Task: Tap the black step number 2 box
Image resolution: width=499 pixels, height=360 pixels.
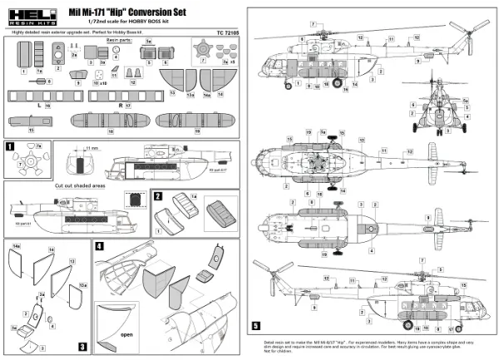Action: tap(156, 195)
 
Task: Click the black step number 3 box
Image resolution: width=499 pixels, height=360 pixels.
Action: tap(82, 345)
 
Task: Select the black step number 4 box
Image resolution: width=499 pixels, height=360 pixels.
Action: tap(99, 246)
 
